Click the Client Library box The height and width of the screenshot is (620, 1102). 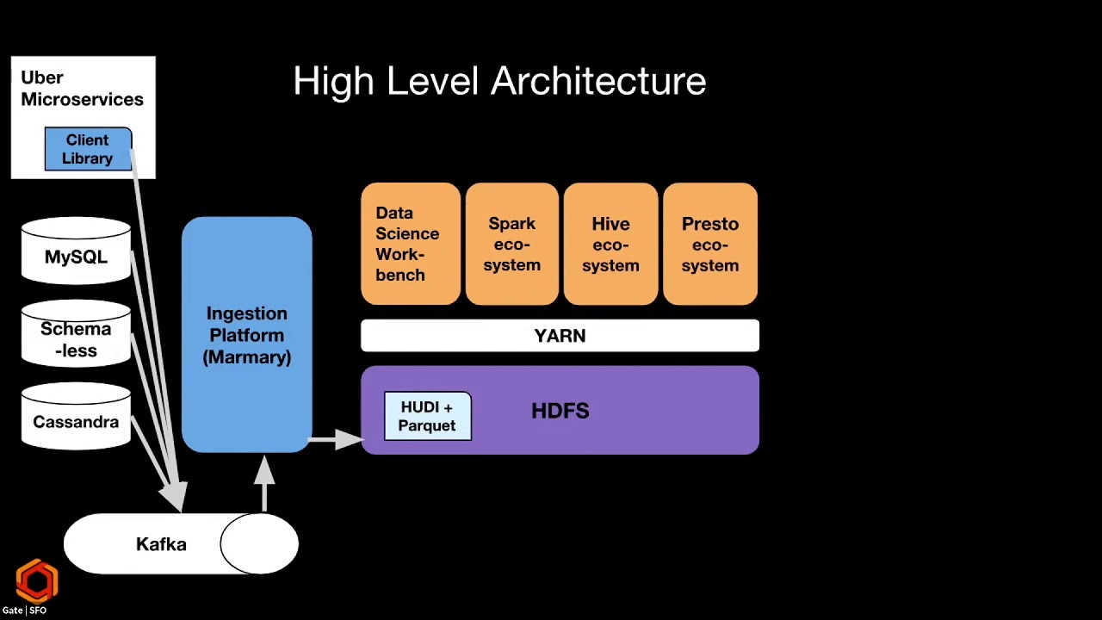[x=88, y=149]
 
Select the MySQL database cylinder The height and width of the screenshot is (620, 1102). [x=77, y=251]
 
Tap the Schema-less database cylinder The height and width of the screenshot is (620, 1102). [x=77, y=333]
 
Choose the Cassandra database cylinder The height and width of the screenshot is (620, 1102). [x=77, y=416]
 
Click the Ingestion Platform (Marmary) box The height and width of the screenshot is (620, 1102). [x=246, y=335]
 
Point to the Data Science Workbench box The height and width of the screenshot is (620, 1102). [x=411, y=244]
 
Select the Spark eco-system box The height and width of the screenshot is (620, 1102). [x=512, y=244]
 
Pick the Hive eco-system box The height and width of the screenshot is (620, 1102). [x=611, y=244]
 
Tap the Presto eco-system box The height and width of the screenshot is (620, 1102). [x=710, y=244]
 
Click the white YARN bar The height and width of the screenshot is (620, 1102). [x=560, y=336]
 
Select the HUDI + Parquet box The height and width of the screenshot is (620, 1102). [x=428, y=416]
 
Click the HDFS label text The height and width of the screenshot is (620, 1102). [x=560, y=411]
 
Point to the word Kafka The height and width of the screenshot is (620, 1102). [x=161, y=544]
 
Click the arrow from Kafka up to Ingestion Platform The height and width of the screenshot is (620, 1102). [x=264, y=484]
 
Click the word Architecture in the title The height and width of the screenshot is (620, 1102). [x=598, y=81]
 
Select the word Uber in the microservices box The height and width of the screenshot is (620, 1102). [x=42, y=77]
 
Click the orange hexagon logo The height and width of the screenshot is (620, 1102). [x=37, y=581]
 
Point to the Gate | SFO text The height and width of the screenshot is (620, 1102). [x=24, y=611]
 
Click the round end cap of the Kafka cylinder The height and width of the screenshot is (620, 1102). [x=259, y=543]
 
